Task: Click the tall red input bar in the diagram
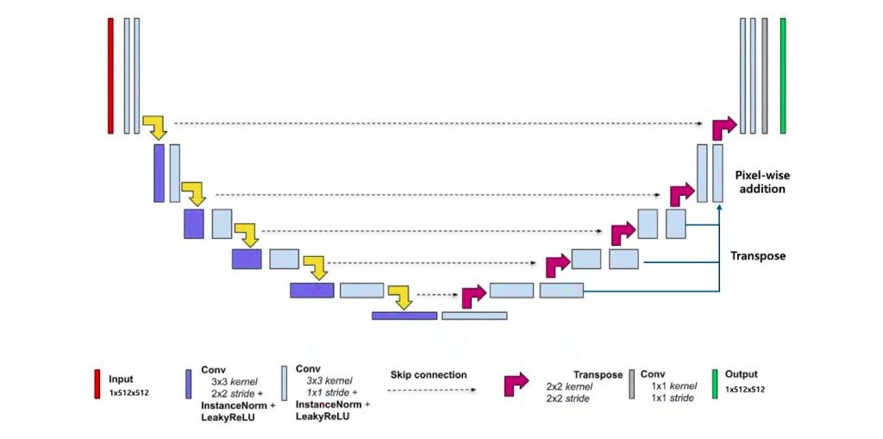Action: [x=110, y=76]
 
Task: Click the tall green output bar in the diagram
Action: [x=783, y=76]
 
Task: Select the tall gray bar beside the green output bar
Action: [x=765, y=76]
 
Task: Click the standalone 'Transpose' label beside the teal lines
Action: [x=758, y=256]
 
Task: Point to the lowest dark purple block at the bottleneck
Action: [x=404, y=316]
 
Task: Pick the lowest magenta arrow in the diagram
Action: [x=473, y=297]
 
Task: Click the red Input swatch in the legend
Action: [x=97, y=384]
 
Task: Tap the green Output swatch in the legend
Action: [x=714, y=384]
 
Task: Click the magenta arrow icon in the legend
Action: [x=517, y=383]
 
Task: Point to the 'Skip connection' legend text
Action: [x=429, y=374]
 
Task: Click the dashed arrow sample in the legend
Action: [x=432, y=390]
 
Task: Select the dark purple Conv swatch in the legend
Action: [x=189, y=384]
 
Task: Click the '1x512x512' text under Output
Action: [x=745, y=390]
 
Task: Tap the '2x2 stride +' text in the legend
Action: [x=239, y=392]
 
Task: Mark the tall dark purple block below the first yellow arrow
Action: [x=159, y=173]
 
